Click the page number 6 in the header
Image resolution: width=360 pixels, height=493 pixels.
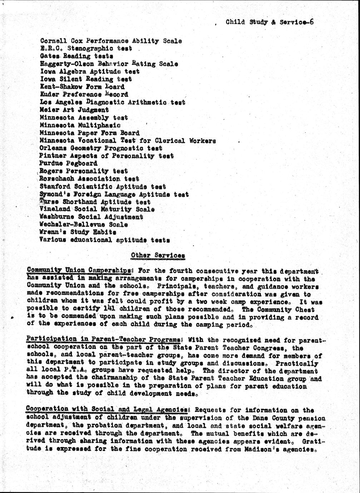(x=312, y=22)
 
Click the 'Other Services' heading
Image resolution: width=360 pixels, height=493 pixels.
(x=158, y=255)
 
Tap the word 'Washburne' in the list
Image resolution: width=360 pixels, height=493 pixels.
(x=57, y=217)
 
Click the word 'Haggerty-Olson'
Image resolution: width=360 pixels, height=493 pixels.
(x=67, y=64)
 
